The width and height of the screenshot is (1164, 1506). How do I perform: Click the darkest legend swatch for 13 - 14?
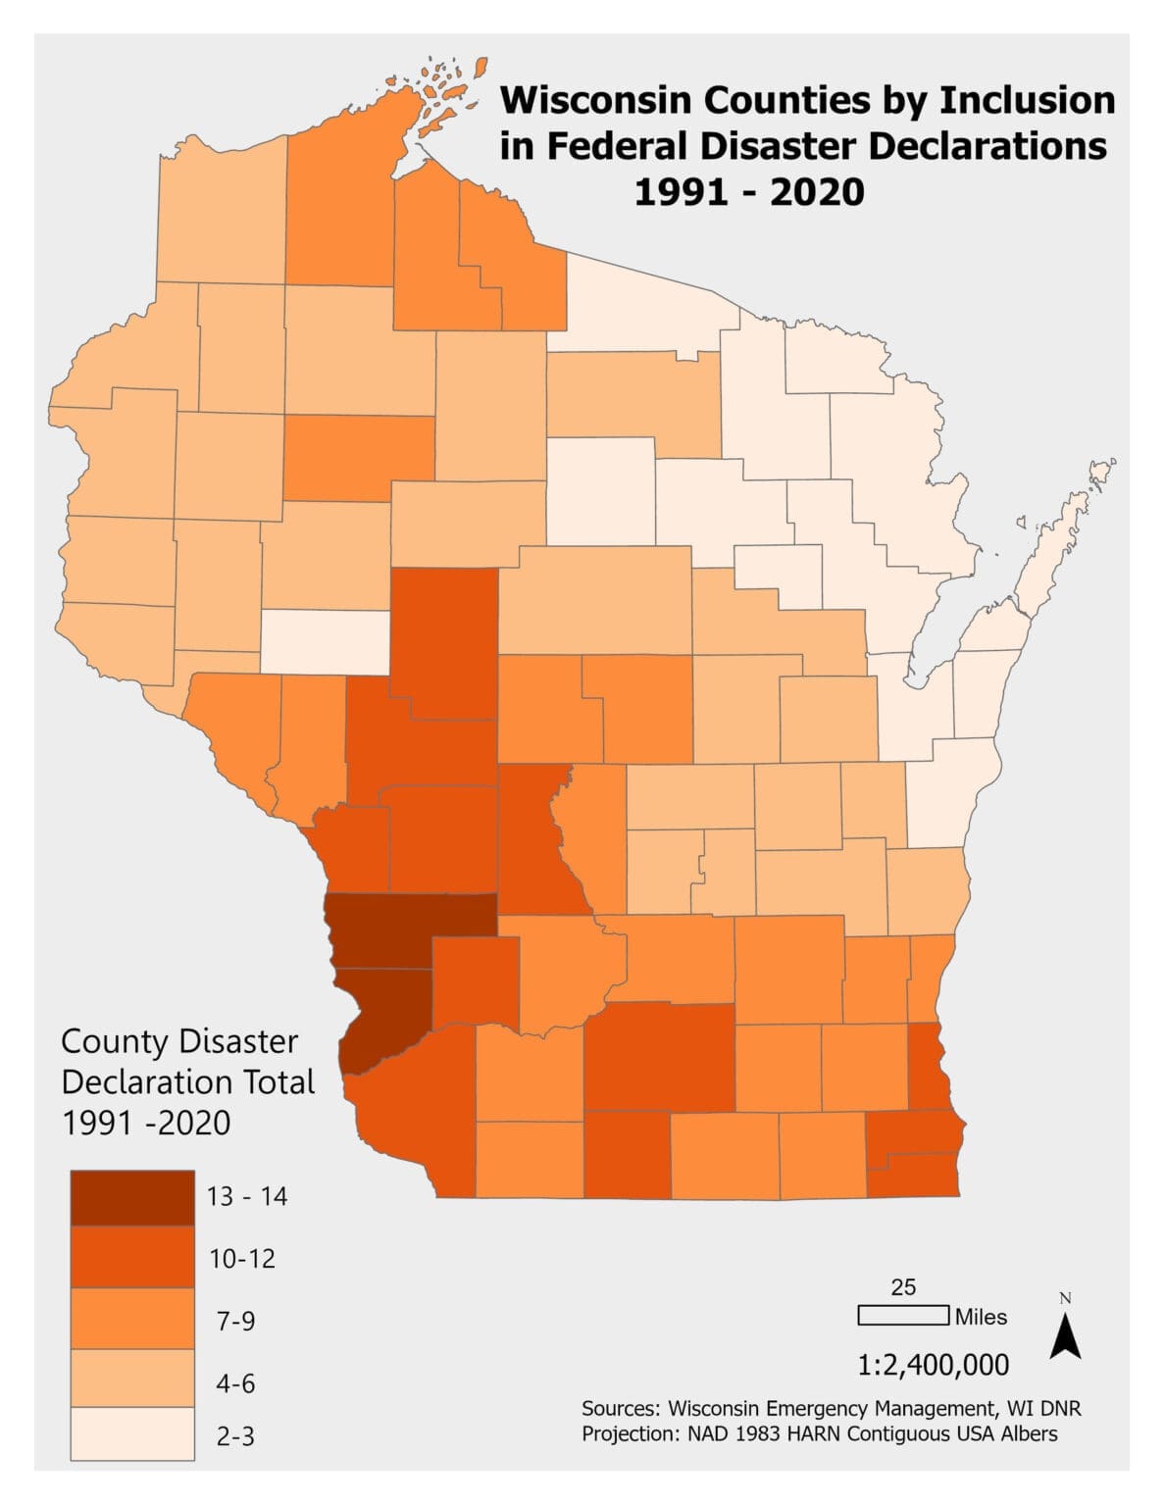pos(132,1197)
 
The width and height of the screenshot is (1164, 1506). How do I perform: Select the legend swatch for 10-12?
pos(132,1257)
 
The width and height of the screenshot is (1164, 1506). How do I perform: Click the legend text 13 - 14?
pos(247,1196)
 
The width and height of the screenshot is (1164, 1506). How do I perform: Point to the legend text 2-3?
pos(235,1436)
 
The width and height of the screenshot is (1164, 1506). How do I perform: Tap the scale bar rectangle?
pos(903,1316)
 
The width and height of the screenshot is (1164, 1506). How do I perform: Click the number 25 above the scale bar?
pos(903,1287)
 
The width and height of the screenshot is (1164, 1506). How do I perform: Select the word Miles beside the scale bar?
pos(982,1317)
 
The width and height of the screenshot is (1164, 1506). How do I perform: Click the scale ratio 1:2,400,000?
pos(933,1364)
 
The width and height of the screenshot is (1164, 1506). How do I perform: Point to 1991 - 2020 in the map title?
pos(749,191)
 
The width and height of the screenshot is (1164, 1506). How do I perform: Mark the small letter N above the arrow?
pos(1066,1298)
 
